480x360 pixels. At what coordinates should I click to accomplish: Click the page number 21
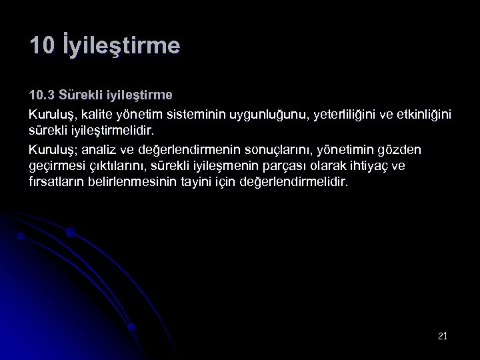[443, 336]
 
